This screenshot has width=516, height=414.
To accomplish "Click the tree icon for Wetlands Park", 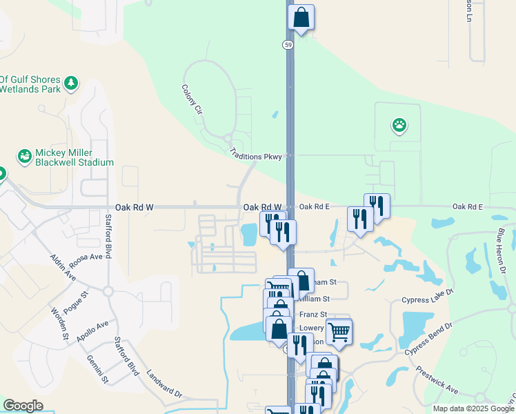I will (x=71, y=84).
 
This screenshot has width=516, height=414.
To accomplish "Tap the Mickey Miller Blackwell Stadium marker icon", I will (x=25, y=157).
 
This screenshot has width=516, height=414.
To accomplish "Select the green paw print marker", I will (x=399, y=125).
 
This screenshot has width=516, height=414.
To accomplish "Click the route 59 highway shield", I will (x=287, y=44).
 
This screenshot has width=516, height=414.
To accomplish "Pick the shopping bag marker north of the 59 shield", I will (x=301, y=17).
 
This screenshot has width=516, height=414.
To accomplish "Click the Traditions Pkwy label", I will (x=255, y=157).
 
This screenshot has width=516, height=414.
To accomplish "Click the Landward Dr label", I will (x=163, y=384).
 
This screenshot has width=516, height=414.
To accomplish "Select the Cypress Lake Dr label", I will (x=428, y=297).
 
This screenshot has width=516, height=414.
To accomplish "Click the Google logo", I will (x=23, y=406).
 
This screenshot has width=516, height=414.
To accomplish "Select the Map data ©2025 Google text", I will (x=473, y=408).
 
